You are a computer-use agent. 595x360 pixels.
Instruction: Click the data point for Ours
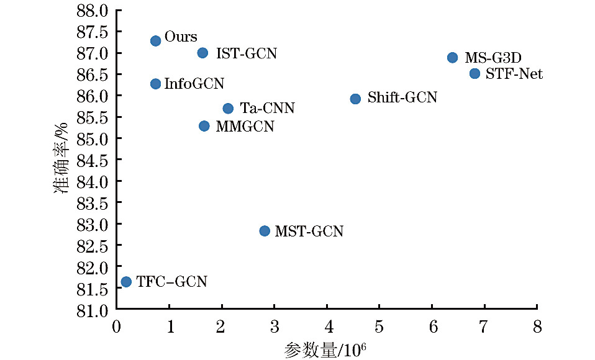[x=156, y=40]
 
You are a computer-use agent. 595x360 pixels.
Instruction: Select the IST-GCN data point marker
[x=202, y=53]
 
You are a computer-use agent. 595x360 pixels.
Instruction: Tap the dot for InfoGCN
[x=156, y=84]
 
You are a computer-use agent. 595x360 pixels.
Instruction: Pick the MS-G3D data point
[x=452, y=58]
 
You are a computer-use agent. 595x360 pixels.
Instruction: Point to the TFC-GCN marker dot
[x=126, y=282]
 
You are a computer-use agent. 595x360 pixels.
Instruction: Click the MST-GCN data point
[x=265, y=231]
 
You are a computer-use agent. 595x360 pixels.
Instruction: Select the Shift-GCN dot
[x=355, y=99]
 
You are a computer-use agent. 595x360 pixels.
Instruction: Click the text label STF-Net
[x=514, y=74]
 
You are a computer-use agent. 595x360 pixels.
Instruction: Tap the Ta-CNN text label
[x=267, y=109]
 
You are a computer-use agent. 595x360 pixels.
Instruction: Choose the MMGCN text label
[x=245, y=127]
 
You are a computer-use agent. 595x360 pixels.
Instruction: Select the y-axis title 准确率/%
[x=62, y=160]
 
